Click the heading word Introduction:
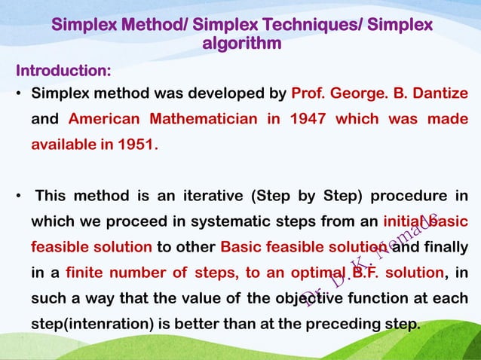point(64,72)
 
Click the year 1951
point(135,144)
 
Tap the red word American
point(105,119)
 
